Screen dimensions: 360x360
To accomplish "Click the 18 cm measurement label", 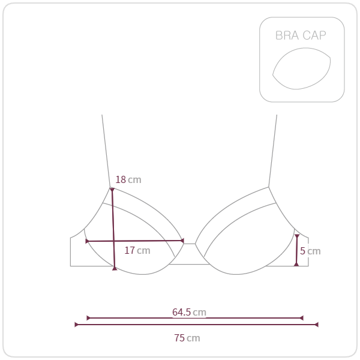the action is tap(128, 179).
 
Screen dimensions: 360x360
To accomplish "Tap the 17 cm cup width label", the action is tap(137, 250).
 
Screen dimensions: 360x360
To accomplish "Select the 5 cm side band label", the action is tap(310, 251).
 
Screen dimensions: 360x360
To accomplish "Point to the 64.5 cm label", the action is tap(189, 312).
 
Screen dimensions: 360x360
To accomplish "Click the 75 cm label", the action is tap(187, 338).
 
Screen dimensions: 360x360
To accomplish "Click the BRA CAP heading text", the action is tap(301, 35).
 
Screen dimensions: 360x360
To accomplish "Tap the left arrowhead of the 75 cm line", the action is tap(76, 325).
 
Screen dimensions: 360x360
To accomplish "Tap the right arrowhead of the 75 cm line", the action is tap(316, 325).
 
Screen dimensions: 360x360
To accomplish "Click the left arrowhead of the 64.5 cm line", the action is tap(88, 318).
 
